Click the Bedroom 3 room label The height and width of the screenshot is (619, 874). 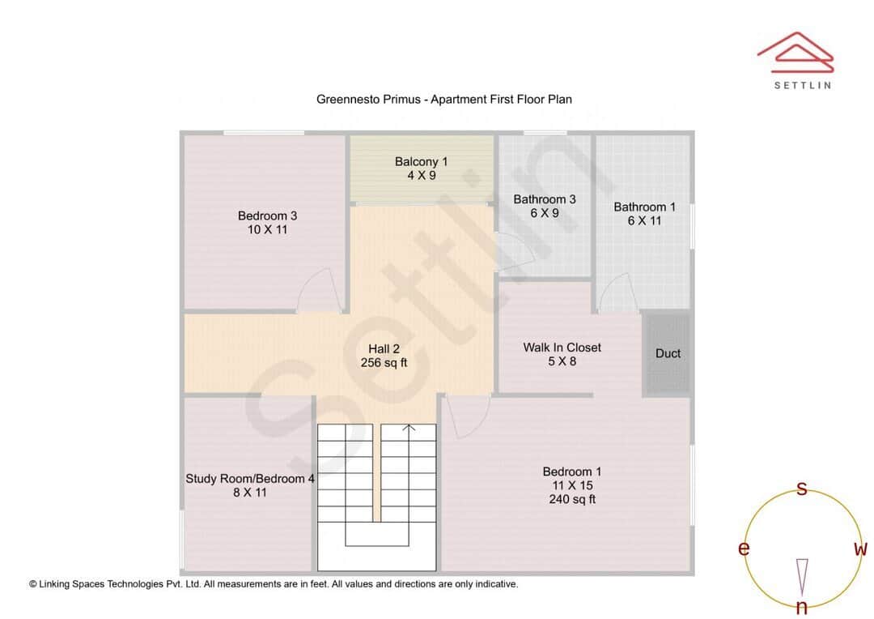tap(267, 216)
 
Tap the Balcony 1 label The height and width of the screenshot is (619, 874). tap(421, 162)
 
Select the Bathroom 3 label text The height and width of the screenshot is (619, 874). tap(545, 199)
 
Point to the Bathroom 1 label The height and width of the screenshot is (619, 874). tap(644, 207)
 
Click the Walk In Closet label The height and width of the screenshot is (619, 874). tap(562, 348)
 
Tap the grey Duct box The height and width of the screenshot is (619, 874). tap(668, 354)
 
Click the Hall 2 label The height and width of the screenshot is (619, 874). tap(384, 349)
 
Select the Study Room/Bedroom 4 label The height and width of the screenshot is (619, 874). tap(250, 479)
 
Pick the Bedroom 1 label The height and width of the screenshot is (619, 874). tap(572, 472)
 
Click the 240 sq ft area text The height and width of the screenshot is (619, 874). tap(572, 499)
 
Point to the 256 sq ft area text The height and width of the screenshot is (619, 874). tap(384, 363)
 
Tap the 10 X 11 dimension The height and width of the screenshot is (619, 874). tap(267, 229)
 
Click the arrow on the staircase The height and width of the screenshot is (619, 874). tap(409, 429)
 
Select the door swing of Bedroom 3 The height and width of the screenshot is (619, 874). tap(318, 292)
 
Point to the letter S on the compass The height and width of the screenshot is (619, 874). tap(802, 489)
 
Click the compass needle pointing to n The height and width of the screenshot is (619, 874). tap(802, 577)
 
